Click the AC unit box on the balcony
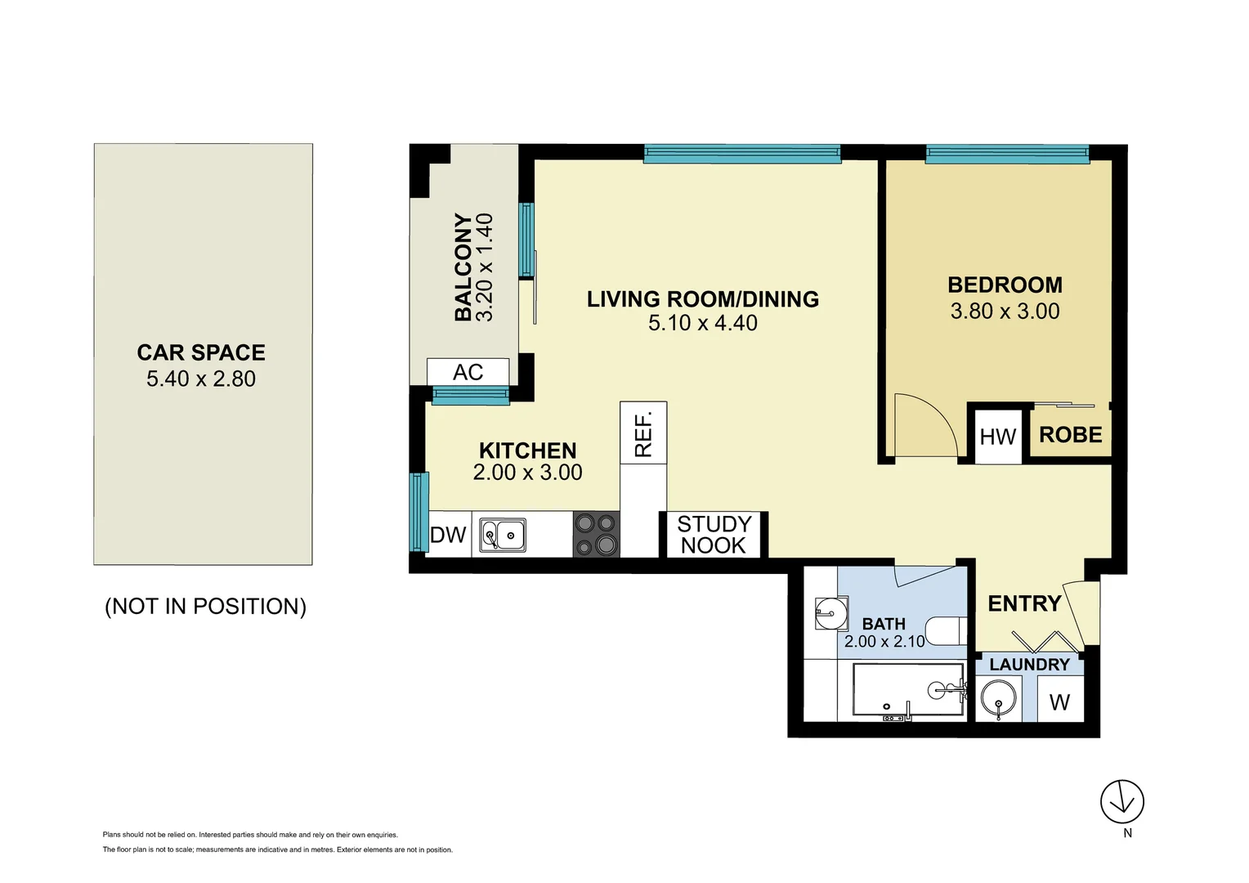[x=468, y=372]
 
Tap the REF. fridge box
[x=643, y=433]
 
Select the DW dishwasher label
[x=448, y=535]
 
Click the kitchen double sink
[x=502, y=536]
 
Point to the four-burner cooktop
[x=596, y=534]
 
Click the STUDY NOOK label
[x=714, y=535]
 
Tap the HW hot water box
[x=997, y=437]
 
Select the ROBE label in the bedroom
[x=1070, y=435]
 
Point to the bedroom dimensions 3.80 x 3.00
[x=1005, y=312]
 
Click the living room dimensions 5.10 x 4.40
[x=702, y=323]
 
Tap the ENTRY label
[x=1024, y=603]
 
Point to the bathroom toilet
[x=948, y=630]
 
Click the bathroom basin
[x=830, y=612]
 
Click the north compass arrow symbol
[x=1121, y=802]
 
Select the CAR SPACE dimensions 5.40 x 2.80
[x=201, y=379]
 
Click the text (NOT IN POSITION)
[x=205, y=607]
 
